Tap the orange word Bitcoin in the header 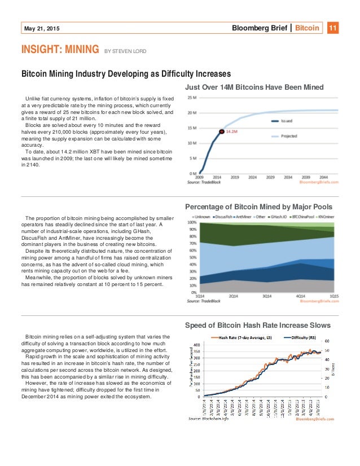tap(308, 28)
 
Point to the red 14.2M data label tap(231, 132)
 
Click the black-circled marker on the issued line tap(222, 132)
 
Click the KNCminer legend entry tap(326, 217)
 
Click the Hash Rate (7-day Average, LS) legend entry tap(242, 337)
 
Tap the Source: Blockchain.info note tap(209, 419)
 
